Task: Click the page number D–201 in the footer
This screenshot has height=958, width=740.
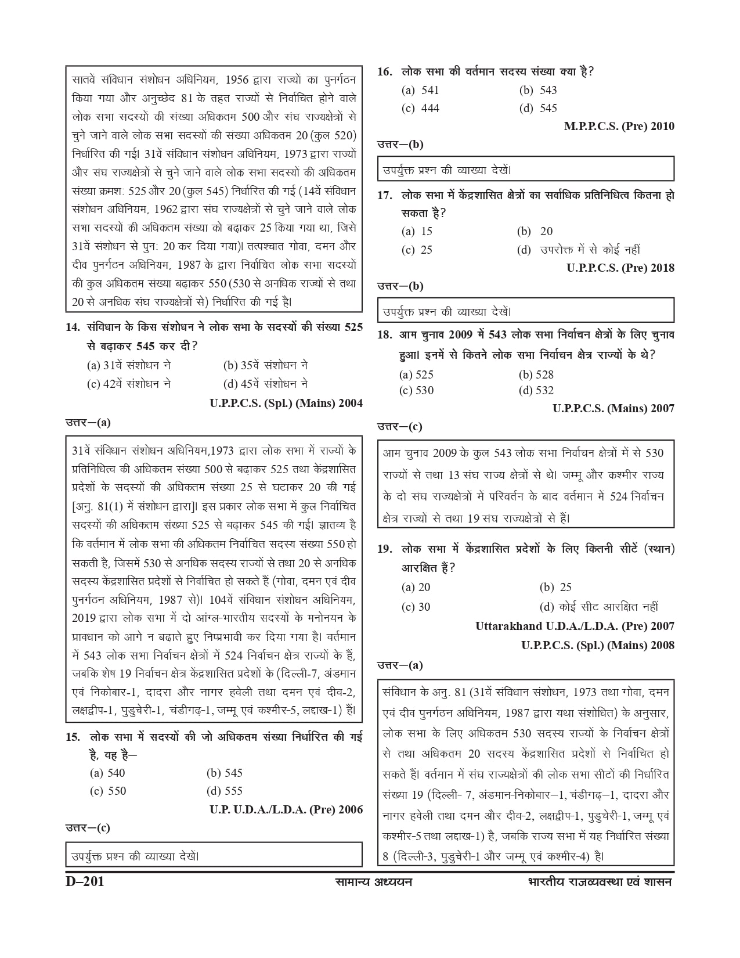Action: pos(85,882)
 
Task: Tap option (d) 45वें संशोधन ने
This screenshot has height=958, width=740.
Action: pos(265,384)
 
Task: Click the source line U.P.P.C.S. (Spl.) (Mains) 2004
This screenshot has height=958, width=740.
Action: pos(286,403)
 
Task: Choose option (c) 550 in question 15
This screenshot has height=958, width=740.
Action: pos(108,791)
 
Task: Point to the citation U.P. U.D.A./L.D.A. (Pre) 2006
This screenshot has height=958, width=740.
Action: pos(286,809)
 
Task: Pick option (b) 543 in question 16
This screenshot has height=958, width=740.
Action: pos(538,90)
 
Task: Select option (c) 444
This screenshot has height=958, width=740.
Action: pos(420,108)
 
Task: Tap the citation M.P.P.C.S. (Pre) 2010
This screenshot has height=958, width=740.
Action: pos(619,126)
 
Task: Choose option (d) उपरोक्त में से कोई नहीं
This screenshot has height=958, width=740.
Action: pos(579,250)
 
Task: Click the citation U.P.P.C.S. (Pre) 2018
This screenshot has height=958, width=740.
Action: pos(620,268)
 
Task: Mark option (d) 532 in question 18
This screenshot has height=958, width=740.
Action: pos(536,390)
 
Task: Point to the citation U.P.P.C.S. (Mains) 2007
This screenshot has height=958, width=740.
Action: pos(613,408)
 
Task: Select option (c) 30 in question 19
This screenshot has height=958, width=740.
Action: pos(416,607)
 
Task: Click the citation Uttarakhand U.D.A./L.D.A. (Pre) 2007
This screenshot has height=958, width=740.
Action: pos(575,626)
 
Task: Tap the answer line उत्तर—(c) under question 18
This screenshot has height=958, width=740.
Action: pos(400,427)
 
